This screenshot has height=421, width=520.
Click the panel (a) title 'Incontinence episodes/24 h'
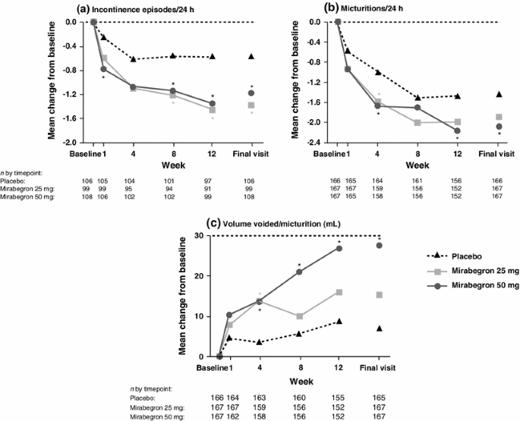click(143, 8)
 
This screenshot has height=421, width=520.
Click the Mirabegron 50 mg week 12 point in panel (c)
click(339, 248)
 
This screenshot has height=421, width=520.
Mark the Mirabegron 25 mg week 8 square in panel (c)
click(299, 316)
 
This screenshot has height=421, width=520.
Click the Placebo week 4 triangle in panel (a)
click(134, 59)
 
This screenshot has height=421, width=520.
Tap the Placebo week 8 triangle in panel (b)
click(418, 98)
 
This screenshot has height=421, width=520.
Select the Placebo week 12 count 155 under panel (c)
click(339, 397)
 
